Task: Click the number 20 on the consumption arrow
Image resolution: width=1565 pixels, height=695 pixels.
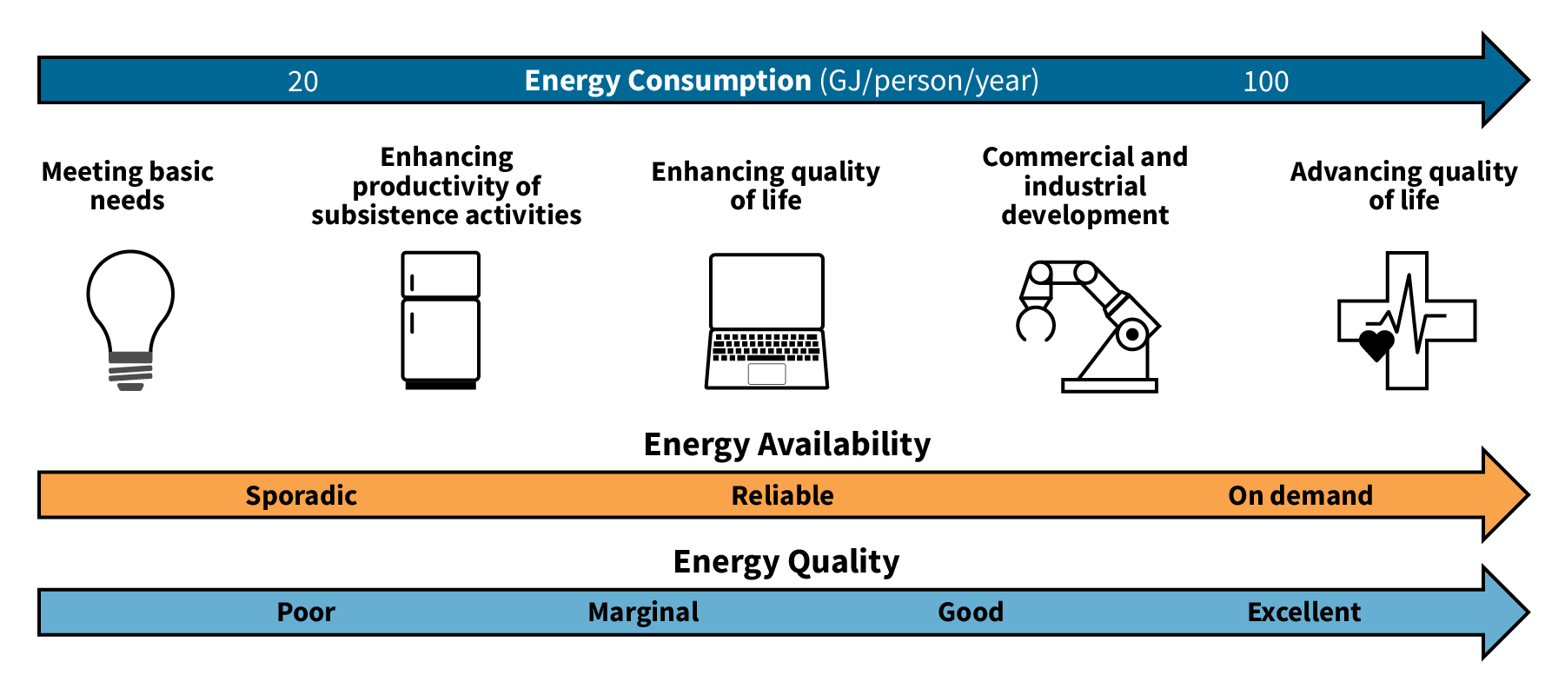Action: [x=302, y=82]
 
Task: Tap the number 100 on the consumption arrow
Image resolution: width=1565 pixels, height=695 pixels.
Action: [x=1265, y=82]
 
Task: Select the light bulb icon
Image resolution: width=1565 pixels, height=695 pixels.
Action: [x=130, y=319]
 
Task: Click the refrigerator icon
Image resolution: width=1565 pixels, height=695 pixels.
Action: [x=441, y=319]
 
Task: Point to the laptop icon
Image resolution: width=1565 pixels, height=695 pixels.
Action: [x=766, y=321]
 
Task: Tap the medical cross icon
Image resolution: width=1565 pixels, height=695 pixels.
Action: [x=1407, y=320]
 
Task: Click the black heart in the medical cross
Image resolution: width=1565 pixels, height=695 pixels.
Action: [x=1376, y=345]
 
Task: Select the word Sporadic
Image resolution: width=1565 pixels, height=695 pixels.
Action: [x=301, y=496]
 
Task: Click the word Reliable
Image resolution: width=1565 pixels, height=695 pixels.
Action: [x=782, y=496]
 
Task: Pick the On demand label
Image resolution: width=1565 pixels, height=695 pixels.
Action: [x=1300, y=496]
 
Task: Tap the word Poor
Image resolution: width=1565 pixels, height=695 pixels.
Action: [x=306, y=612]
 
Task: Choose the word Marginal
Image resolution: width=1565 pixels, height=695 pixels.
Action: [x=643, y=612]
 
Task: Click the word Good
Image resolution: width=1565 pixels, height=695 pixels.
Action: [x=971, y=612]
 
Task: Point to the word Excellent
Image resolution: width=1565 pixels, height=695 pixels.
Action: [x=1303, y=612]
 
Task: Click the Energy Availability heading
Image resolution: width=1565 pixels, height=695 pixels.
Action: [x=786, y=445]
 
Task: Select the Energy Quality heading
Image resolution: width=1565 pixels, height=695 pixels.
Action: [x=786, y=562]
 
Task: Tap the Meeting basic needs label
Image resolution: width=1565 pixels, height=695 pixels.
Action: [x=128, y=186]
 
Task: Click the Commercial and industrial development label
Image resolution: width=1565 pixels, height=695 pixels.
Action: [x=1084, y=186]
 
